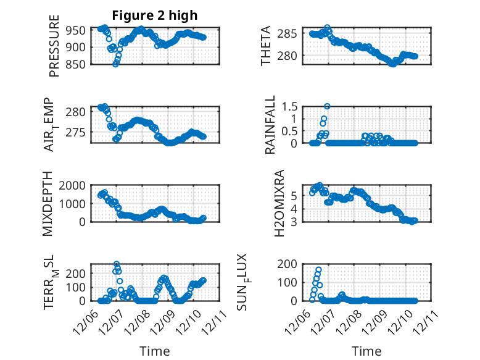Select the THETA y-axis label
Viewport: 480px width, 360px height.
click(x=266, y=46)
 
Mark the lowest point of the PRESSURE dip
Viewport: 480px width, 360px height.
click(x=115, y=64)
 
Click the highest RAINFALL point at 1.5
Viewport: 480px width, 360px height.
click(x=327, y=106)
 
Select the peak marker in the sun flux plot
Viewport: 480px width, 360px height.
click(x=318, y=270)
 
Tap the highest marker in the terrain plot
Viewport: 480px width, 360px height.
click(x=117, y=264)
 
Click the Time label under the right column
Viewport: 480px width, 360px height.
click(x=366, y=351)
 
